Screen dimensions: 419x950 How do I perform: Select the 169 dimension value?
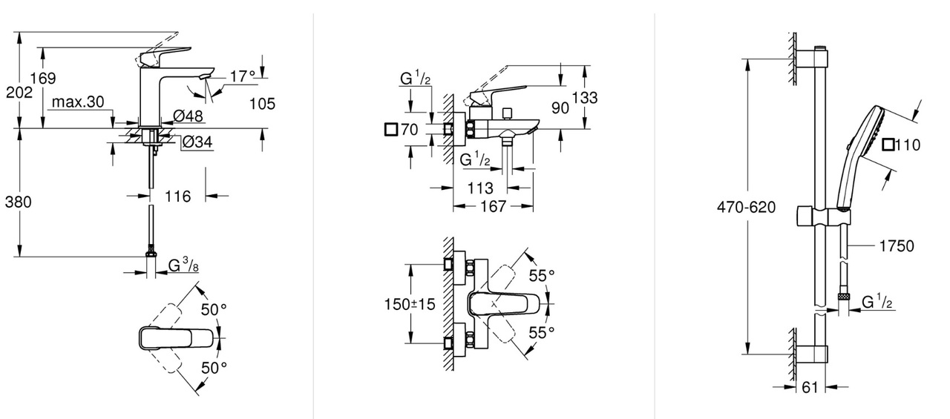43,78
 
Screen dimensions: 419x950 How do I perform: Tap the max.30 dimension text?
78,102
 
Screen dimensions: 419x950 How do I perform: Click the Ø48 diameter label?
189,116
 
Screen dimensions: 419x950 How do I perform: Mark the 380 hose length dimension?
18,201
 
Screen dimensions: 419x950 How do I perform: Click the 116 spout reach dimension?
177,197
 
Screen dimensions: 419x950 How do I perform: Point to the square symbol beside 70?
390,130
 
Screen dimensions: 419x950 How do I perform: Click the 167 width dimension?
492,207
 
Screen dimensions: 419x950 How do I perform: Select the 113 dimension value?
480,188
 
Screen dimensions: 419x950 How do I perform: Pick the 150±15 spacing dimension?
410,304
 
